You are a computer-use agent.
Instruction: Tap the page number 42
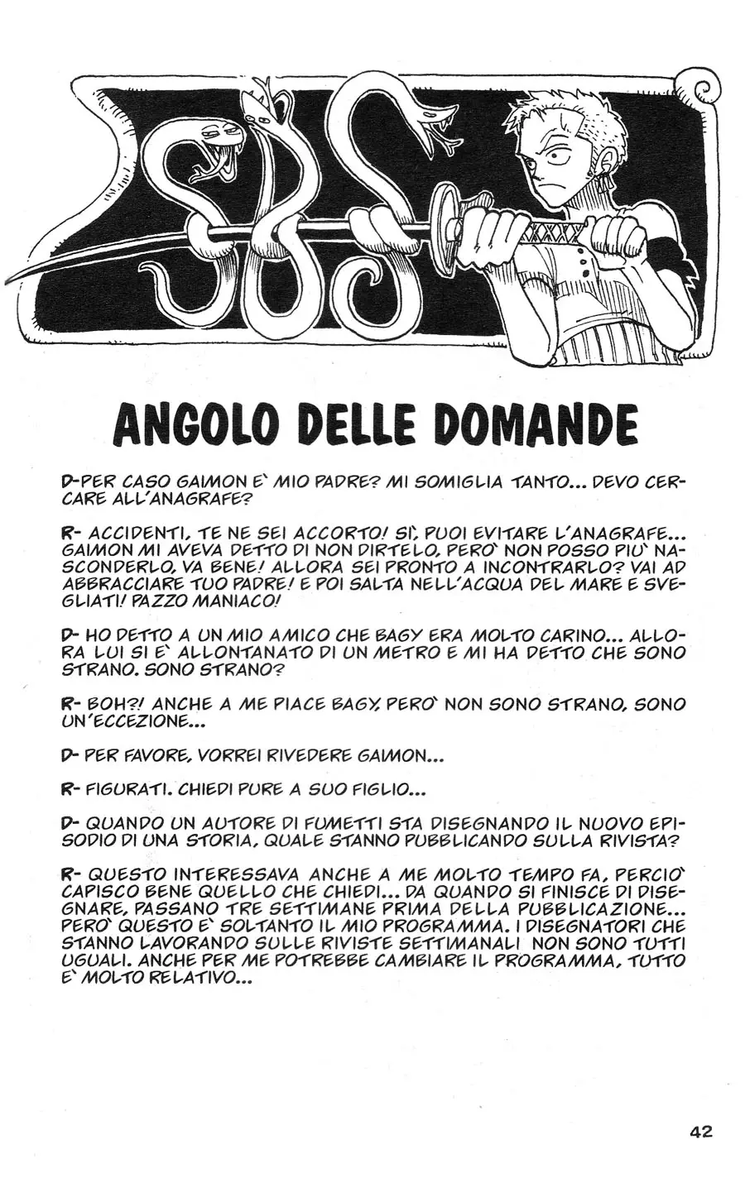click(700, 1132)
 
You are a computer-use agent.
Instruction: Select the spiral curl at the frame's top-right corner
click(704, 90)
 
